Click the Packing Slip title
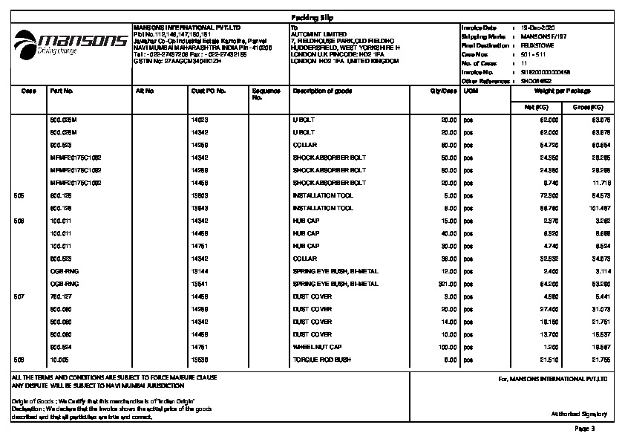click(x=311, y=16)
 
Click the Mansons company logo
click(x=71, y=42)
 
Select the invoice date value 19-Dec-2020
click(x=538, y=27)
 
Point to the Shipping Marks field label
click(x=483, y=36)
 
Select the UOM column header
click(x=471, y=91)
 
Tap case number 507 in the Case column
click(x=20, y=296)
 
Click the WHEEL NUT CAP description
click(x=318, y=347)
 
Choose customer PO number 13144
click(x=199, y=271)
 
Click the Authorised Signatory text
click(x=578, y=414)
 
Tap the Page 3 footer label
click(x=585, y=429)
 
